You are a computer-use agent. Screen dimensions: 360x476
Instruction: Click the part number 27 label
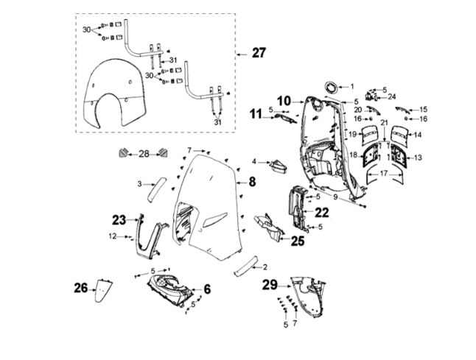click(x=259, y=53)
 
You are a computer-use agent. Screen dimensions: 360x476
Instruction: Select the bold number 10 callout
click(x=284, y=100)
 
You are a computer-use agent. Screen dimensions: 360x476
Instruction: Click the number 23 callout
click(x=119, y=219)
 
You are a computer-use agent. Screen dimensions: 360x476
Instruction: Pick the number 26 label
click(x=80, y=289)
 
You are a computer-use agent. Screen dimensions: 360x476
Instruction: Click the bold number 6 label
click(x=207, y=289)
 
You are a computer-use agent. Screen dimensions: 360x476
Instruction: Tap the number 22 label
click(x=322, y=212)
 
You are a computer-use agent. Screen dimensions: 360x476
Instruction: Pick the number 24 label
click(x=391, y=96)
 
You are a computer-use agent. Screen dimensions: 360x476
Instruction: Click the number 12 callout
click(x=112, y=236)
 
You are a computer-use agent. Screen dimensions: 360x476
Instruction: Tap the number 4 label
click(x=254, y=160)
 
